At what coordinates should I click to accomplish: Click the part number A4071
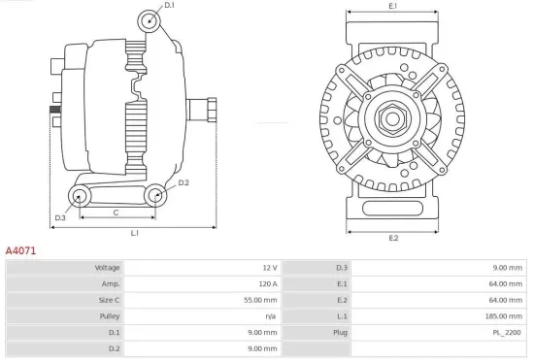tap(21, 250)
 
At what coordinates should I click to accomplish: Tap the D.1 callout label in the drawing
tap(170, 6)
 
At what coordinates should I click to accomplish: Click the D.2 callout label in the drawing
tap(184, 182)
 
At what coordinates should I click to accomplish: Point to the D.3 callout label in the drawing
tap(60, 217)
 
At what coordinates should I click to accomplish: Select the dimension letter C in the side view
tap(116, 212)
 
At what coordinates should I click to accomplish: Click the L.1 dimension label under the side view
tap(135, 234)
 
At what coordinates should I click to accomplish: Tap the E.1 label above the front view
tap(393, 7)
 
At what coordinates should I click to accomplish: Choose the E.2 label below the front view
tap(393, 238)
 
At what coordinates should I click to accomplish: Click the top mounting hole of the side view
tap(148, 20)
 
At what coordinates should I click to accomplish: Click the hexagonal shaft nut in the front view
tap(393, 119)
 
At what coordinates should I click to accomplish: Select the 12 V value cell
tap(270, 268)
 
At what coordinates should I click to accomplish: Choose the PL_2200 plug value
tap(508, 332)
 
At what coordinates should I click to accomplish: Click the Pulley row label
tap(109, 316)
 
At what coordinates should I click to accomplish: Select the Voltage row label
tap(107, 268)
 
